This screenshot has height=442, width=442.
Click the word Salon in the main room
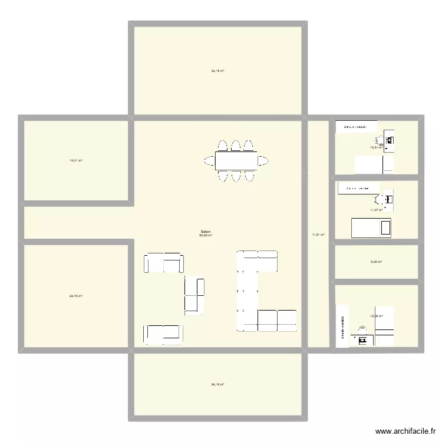click(206, 232)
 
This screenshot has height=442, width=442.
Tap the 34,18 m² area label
click(217, 71)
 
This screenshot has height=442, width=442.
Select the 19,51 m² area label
click(76, 160)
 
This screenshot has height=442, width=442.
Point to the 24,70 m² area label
click(76, 296)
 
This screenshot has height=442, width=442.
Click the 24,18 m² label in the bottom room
click(217, 384)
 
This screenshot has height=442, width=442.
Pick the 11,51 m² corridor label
click(318, 235)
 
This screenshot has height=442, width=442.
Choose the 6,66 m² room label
click(376, 262)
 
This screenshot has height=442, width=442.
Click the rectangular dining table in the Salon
click(235, 160)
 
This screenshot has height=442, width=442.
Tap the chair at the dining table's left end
click(209, 160)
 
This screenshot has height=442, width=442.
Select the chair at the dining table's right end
click(262, 160)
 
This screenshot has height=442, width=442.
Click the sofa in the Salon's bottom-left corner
click(163, 334)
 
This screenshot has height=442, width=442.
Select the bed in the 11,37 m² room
click(371, 227)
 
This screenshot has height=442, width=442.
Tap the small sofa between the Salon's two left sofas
click(194, 295)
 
